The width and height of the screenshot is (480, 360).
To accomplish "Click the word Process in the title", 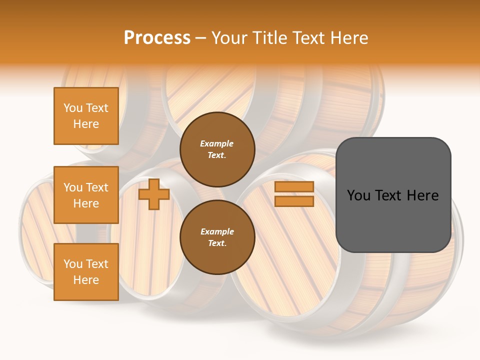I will pyautogui.click(x=157, y=37).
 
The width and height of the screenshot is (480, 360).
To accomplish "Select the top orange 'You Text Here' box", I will pyautogui.click(x=86, y=116).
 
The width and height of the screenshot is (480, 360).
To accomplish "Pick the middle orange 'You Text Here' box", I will pyautogui.click(x=86, y=195).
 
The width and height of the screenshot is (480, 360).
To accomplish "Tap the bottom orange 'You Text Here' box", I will pyautogui.click(x=86, y=272).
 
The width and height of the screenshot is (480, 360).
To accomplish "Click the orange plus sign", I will pyautogui.click(x=154, y=194).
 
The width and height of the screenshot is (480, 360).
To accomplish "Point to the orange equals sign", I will pyautogui.click(x=294, y=194).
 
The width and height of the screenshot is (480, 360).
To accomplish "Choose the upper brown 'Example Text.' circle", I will pyautogui.click(x=217, y=149).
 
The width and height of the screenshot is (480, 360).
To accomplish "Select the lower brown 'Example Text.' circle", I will pyautogui.click(x=217, y=237).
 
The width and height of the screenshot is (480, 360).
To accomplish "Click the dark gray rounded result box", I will pyautogui.click(x=393, y=195).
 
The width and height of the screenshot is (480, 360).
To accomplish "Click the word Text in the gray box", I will pyautogui.click(x=392, y=195).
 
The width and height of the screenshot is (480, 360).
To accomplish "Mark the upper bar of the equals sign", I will pyautogui.click(x=294, y=187).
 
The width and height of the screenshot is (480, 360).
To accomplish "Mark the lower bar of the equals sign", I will pyautogui.click(x=294, y=201).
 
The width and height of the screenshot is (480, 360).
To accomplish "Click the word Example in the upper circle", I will pyautogui.click(x=217, y=143).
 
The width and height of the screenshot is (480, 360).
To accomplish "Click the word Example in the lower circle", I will pyautogui.click(x=217, y=231).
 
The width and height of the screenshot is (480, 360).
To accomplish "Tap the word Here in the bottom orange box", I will pyautogui.click(x=86, y=280).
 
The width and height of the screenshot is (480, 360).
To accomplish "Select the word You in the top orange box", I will pyautogui.click(x=73, y=108).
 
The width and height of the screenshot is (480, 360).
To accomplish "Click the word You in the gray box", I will pyautogui.click(x=359, y=195).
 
